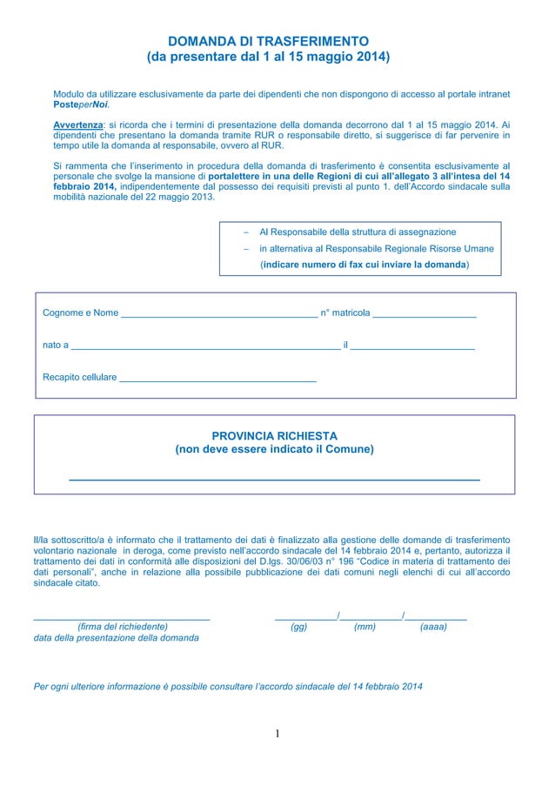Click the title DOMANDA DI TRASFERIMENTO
pyautogui.click(x=268, y=41)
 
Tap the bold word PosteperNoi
pyautogui.click(x=81, y=104)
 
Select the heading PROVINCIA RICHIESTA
pyautogui.click(x=274, y=435)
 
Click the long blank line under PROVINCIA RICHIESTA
pyautogui.click(x=274, y=480)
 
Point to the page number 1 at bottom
pyautogui.click(x=277, y=734)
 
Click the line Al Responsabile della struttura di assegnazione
pyautogui.click(x=358, y=232)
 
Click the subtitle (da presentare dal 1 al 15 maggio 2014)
pyautogui.click(x=268, y=57)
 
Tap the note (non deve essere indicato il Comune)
pyautogui.click(x=274, y=450)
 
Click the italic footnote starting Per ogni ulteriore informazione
pyautogui.click(x=228, y=687)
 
